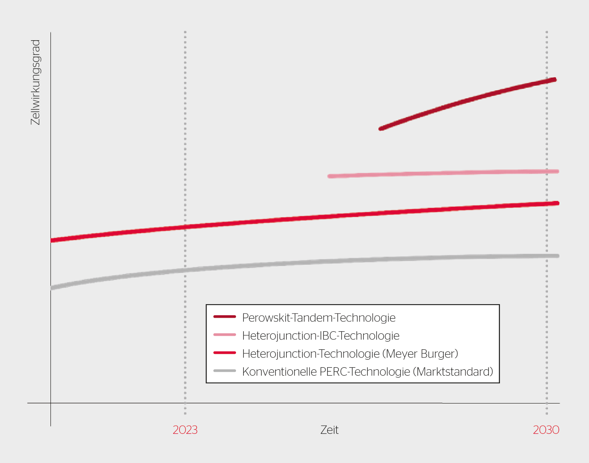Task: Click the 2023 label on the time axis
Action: [185, 430]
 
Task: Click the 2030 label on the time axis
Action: [546, 430]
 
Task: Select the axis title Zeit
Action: [329, 430]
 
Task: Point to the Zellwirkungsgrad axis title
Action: [36, 82]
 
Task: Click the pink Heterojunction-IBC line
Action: [443, 174]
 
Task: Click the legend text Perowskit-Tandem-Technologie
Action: [319, 318]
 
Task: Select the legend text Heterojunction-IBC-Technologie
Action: [321, 336]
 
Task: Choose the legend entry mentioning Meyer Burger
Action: [350, 354]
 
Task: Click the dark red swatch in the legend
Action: [225, 317]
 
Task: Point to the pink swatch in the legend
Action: [225, 335]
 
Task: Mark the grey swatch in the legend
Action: [225, 371]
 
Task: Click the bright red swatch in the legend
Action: [225, 353]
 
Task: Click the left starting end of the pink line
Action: [330, 176]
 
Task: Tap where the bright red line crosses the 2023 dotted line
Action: [185, 227]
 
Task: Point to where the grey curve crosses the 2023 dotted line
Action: [185, 270]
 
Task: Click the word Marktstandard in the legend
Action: [453, 372]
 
